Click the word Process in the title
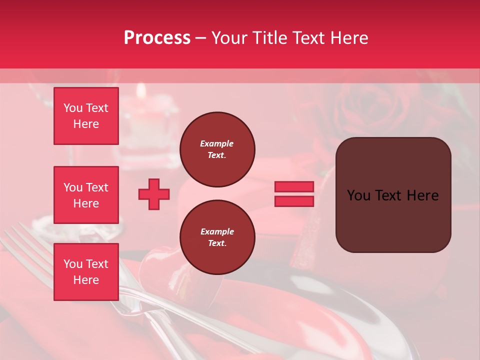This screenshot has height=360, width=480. click(157, 38)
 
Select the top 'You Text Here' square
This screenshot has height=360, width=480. click(86, 116)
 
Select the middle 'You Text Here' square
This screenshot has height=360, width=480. click(86, 195)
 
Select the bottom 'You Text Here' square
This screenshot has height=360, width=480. click(86, 272)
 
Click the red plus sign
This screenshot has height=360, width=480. click(154, 194)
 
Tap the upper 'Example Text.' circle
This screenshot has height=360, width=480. click(217, 149)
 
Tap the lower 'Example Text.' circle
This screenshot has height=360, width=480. click(217, 237)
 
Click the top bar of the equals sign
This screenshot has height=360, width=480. click(294, 187)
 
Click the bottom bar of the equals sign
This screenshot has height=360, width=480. click(294, 201)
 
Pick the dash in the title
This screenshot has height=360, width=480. click(200, 38)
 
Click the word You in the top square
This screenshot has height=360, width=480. click(72, 108)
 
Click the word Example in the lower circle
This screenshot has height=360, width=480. click(217, 231)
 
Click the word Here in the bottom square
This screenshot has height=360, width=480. click(86, 280)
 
